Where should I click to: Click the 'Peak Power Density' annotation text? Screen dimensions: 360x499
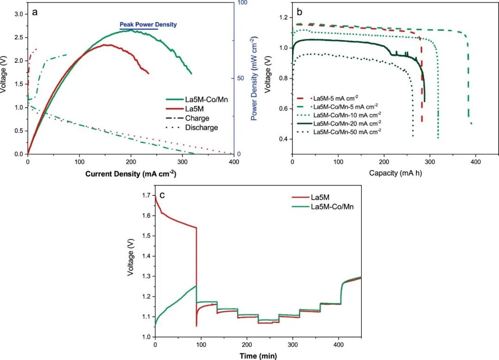148,24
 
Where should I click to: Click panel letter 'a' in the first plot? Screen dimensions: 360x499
35,12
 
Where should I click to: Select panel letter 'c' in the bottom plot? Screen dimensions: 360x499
162,195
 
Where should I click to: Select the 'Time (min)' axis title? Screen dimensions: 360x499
258,356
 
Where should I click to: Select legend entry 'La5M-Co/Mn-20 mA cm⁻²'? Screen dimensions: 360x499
347,123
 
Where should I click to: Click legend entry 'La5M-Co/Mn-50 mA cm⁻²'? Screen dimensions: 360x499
347,132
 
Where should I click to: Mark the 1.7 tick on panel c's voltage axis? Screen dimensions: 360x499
146,196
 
